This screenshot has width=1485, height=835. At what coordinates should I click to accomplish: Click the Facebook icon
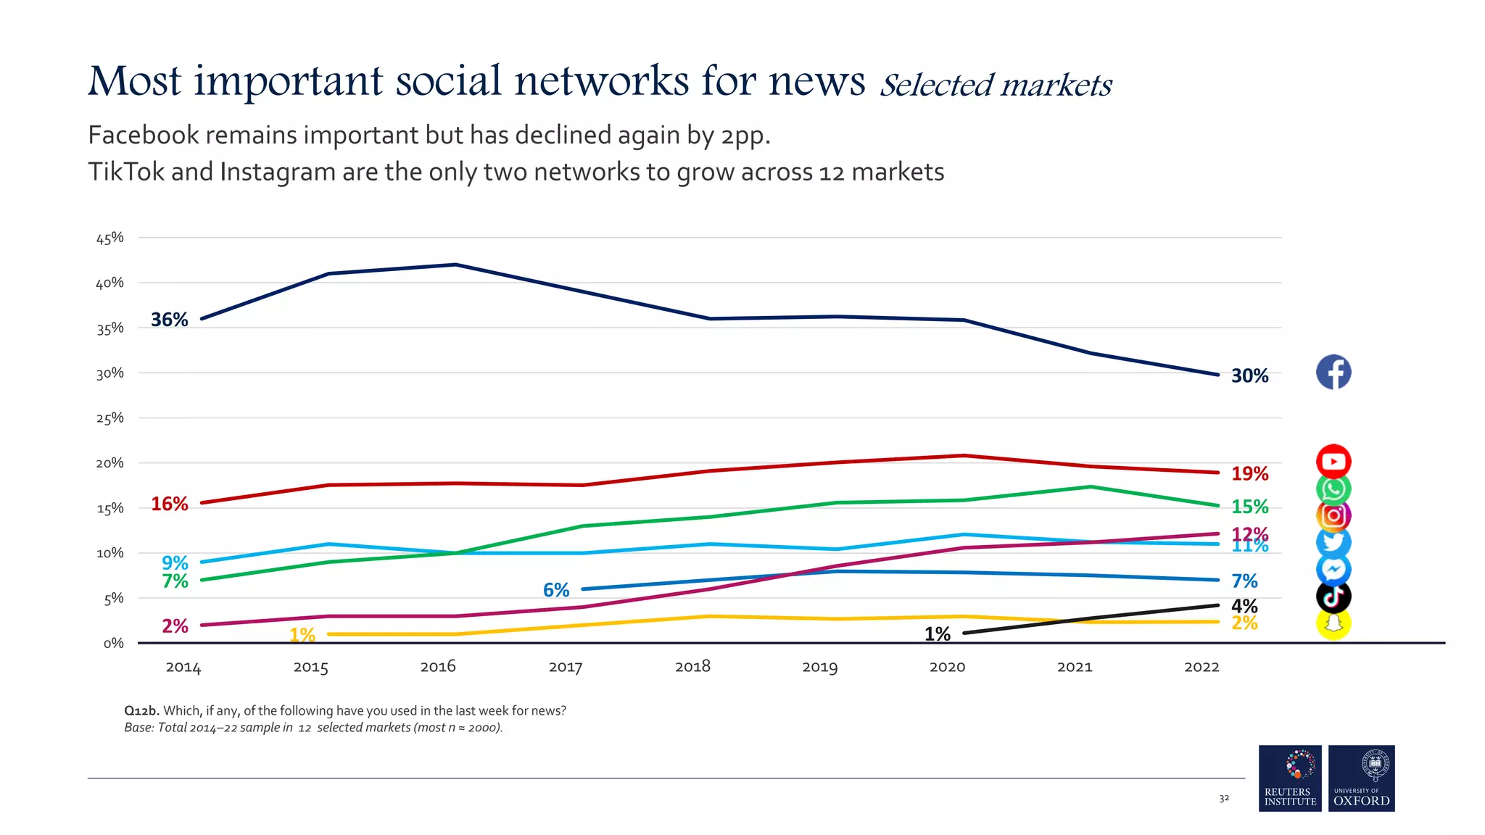[1333, 372]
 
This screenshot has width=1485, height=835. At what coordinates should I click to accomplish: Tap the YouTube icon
[1333, 461]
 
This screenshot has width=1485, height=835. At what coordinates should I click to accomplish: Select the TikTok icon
[1333, 597]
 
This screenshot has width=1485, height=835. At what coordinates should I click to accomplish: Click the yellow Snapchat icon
[1333, 623]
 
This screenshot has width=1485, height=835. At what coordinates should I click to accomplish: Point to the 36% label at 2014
[169, 320]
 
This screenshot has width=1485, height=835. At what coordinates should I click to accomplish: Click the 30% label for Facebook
[1249, 375]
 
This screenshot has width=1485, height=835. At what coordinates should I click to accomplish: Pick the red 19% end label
[1249, 473]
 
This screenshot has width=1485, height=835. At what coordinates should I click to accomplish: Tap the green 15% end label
[1249, 506]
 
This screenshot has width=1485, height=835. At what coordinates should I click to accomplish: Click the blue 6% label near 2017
[556, 590]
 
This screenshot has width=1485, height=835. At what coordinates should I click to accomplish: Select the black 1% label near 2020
[937, 634]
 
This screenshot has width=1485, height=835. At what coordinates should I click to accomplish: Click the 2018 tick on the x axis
[692, 666]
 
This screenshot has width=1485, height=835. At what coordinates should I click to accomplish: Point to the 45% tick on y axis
[110, 238]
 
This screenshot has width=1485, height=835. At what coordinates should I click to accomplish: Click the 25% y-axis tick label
[110, 418]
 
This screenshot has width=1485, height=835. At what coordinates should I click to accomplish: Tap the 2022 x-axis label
[1201, 667]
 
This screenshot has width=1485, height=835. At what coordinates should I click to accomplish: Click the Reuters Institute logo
[1290, 778]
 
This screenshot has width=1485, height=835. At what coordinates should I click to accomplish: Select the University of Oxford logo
[1361, 778]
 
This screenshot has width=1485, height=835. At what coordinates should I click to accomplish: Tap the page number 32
[1223, 798]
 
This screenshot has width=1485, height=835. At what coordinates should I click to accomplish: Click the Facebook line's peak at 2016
[455, 265]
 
